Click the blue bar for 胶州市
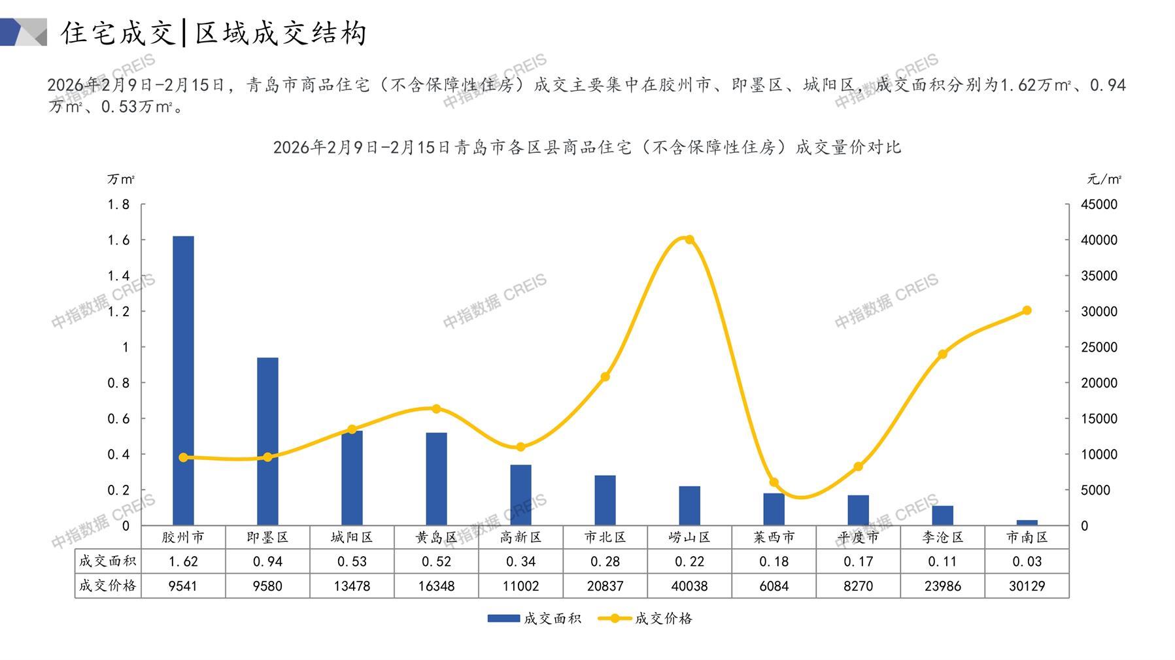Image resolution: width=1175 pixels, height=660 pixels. click(x=183, y=380)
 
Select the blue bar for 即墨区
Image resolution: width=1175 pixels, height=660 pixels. click(x=267, y=441)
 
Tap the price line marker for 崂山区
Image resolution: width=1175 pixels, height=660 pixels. click(x=689, y=240)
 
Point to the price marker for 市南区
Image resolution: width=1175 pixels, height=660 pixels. click(x=1027, y=310)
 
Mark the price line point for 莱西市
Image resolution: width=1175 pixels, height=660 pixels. click(x=774, y=482)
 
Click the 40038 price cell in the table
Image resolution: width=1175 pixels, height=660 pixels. click(x=689, y=586)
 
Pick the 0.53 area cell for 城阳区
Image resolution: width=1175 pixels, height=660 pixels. click(x=352, y=561)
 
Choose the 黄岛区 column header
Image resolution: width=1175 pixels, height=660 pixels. click(x=436, y=537)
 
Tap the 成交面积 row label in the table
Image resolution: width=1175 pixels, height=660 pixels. click(x=107, y=561)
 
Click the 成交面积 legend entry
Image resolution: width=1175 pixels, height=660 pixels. click(x=534, y=618)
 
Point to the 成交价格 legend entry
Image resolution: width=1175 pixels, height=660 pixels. click(x=645, y=618)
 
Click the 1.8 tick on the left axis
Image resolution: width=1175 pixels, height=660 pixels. click(x=118, y=205)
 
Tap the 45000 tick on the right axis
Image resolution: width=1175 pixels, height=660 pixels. click(x=1099, y=205)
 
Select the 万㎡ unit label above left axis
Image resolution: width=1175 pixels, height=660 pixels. click(x=121, y=179)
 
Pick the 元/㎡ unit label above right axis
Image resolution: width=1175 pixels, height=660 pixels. click(x=1104, y=179)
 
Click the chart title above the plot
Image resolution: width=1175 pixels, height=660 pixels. click(x=587, y=147)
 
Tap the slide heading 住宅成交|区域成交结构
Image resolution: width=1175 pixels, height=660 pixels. click(x=213, y=33)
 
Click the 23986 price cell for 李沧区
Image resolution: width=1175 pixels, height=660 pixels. click(x=942, y=586)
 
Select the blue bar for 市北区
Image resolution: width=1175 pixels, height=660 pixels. click(x=605, y=500)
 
